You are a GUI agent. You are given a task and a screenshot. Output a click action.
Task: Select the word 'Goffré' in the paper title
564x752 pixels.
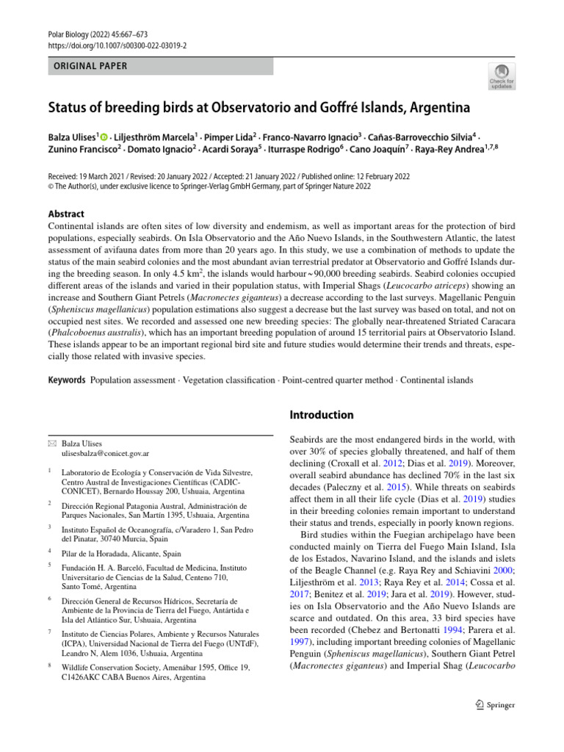369,108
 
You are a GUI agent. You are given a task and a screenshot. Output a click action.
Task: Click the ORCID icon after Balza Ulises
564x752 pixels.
104,137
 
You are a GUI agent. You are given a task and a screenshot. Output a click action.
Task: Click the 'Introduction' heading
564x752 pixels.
322,415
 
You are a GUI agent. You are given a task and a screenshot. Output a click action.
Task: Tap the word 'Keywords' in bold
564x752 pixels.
67,380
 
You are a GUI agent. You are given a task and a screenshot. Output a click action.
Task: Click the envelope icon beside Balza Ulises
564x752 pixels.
51,444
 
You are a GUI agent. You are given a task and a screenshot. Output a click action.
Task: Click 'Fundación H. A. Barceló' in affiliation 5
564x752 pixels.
109,566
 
